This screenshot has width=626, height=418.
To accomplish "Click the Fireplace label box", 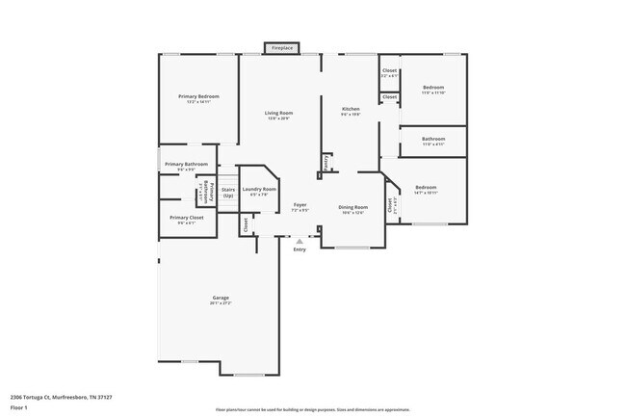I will pyautogui.click(x=281, y=47).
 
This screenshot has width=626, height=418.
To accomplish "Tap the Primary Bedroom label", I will pyautogui.click(x=198, y=97).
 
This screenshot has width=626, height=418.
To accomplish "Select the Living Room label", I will pyautogui.click(x=279, y=115).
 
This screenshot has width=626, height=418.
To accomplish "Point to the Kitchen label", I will pyautogui.click(x=351, y=111).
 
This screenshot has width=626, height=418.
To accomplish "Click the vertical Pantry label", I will pyautogui.click(x=326, y=164).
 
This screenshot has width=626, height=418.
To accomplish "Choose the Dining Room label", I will pyautogui.click(x=352, y=208).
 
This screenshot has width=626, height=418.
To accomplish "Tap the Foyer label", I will pyautogui.click(x=300, y=205).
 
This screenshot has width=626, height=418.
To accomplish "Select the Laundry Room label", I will pyautogui.click(x=259, y=190).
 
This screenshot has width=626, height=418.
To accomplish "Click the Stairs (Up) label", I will pyautogui.click(x=228, y=192).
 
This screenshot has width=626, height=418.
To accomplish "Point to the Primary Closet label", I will pyautogui.click(x=186, y=219).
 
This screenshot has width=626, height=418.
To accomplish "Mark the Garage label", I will pyautogui.click(x=221, y=298).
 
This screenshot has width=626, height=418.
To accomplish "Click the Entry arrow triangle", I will pyautogui.click(x=300, y=241).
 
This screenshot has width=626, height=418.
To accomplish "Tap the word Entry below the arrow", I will pyautogui.click(x=300, y=249).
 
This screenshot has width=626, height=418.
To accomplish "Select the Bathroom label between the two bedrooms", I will pyautogui.click(x=432, y=141).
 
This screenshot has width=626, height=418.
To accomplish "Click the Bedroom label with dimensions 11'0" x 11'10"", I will pyautogui.click(x=432, y=89).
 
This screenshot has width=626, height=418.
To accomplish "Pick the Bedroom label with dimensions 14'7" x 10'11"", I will pyautogui.click(x=426, y=188).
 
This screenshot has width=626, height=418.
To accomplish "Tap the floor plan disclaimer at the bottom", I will pyautogui.click(x=312, y=408).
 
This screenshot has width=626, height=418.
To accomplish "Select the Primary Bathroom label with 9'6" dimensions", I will pyautogui.click(x=185, y=165).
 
